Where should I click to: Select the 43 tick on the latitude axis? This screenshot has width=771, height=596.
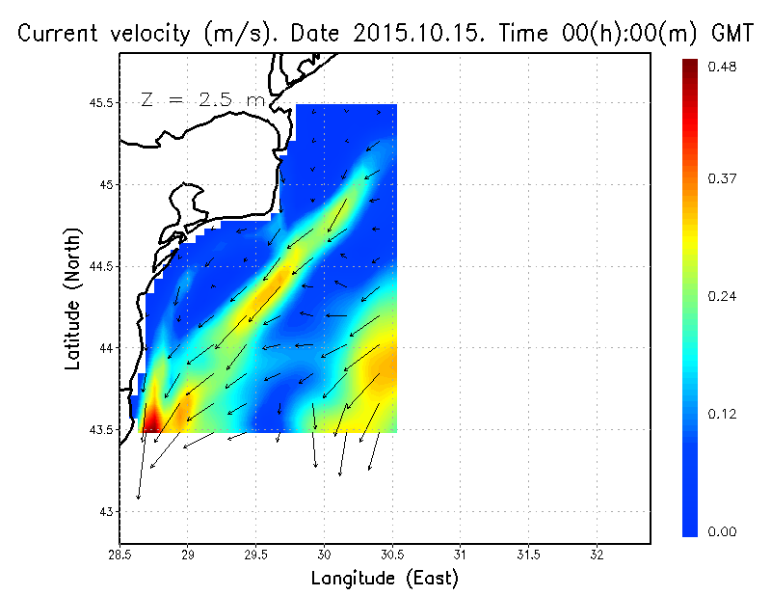point(106,511)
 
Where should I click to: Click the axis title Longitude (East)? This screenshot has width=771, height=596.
point(384,579)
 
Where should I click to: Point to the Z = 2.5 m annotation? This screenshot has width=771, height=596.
point(201,99)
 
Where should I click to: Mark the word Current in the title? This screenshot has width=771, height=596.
point(61,34)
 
